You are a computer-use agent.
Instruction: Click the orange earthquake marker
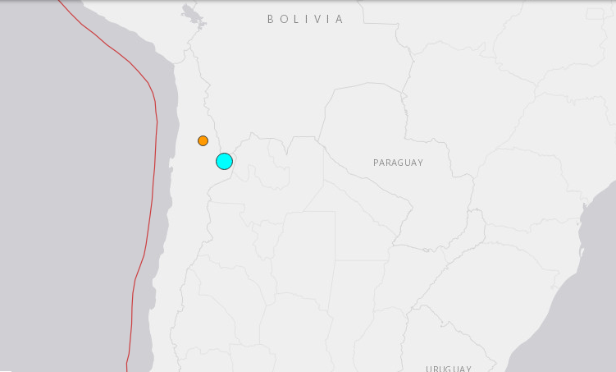203,140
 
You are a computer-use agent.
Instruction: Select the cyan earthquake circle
224,161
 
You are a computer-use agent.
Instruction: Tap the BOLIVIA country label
305,19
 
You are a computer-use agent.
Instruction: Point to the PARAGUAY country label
398,163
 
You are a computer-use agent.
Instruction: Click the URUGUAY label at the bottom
449,369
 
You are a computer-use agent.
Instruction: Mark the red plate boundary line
154,164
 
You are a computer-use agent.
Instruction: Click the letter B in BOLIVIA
271,19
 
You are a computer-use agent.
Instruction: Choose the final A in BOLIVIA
340,19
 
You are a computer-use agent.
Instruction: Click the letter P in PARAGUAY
376,163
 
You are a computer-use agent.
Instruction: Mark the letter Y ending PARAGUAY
420,163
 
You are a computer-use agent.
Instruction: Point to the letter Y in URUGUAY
468,369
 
